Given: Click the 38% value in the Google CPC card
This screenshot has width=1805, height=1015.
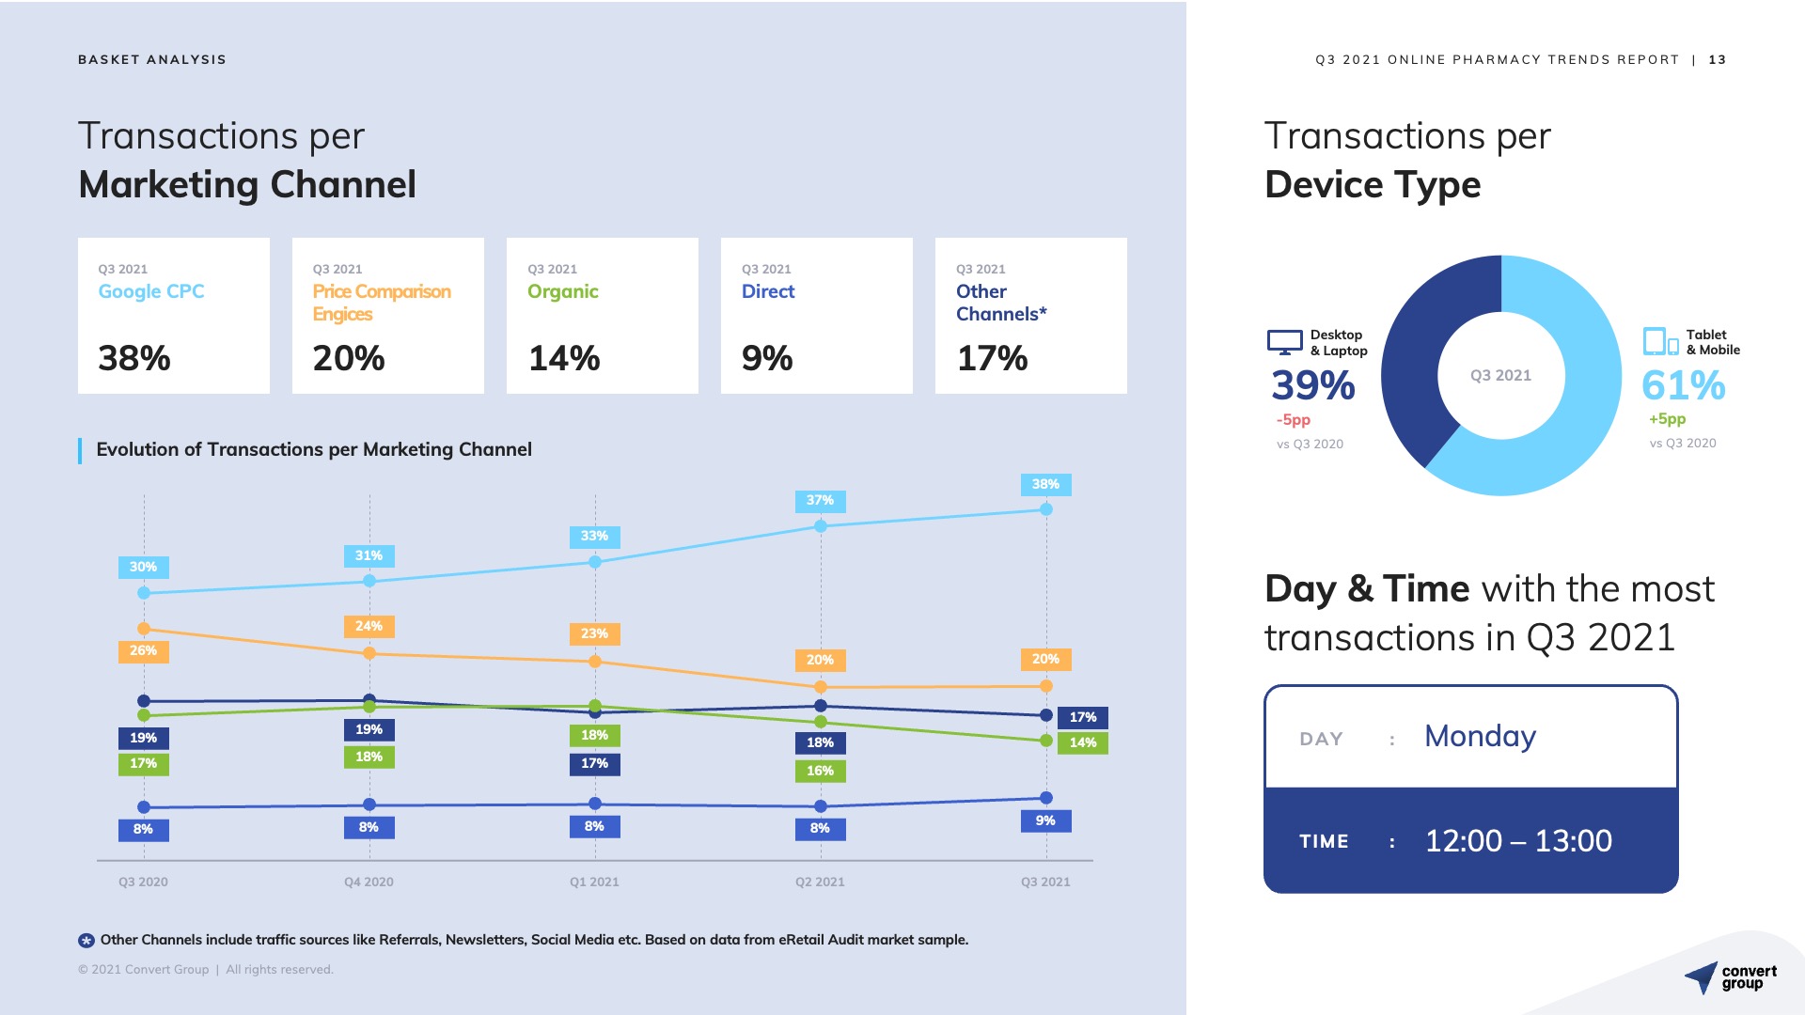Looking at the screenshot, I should (134, 358).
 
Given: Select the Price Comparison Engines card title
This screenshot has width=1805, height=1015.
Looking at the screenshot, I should (382, 302).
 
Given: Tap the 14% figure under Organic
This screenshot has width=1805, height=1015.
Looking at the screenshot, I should (564, 358).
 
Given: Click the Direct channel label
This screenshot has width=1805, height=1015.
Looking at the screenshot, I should (768, 291).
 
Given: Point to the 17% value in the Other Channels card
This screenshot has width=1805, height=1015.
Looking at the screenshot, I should (992, 358).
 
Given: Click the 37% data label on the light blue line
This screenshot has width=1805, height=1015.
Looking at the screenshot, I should (820, 501).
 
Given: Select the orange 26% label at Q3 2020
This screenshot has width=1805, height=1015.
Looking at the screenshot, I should (143, 650).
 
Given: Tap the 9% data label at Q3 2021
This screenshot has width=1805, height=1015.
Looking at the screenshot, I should (1045, 820).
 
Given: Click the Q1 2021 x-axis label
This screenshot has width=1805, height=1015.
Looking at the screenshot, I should (594, 882).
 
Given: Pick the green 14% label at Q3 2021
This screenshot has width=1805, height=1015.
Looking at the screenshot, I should (1082, 742).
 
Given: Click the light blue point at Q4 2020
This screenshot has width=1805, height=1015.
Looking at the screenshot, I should (369, 581).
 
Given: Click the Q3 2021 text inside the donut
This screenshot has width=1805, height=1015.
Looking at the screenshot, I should (1500, 375).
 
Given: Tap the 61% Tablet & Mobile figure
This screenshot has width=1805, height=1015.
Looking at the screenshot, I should (1683, 385).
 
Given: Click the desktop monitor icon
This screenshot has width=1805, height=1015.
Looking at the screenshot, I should (1284, 341).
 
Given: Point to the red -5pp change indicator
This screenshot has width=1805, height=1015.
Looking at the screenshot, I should (1293, 419).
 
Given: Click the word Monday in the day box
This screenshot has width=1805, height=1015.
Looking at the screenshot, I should (1480, 736).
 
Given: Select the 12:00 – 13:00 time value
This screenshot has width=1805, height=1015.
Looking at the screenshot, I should (1518, 840).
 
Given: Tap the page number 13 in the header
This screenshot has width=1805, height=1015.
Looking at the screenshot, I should (1718, 59).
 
